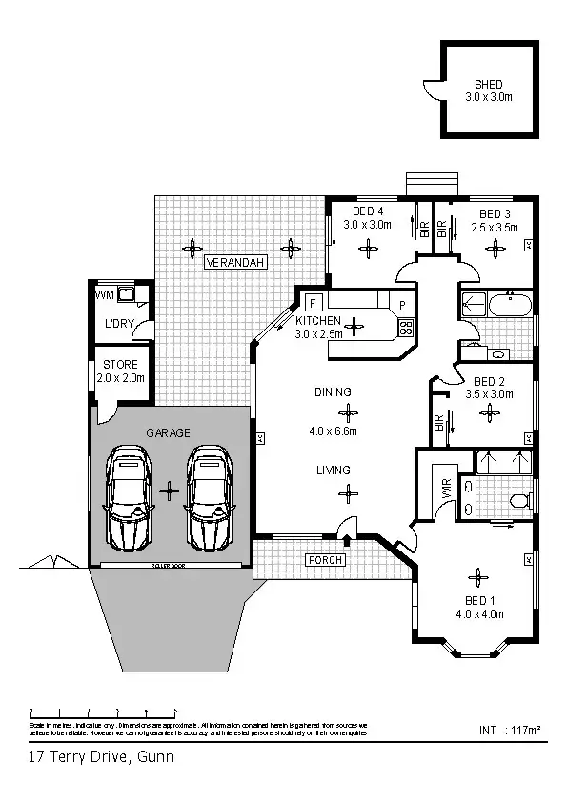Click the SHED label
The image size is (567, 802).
point(488,84)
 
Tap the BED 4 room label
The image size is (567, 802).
point(368,211)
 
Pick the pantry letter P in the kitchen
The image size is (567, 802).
point(402,306)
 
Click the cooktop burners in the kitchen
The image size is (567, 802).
point(404,329)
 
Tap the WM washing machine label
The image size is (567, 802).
point(104,295)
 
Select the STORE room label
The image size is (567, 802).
point(120,365)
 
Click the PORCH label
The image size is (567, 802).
point(324,560)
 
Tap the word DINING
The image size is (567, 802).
point(333,391)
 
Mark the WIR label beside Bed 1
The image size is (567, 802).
point(445,490)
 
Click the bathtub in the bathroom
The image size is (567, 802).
point(510,306)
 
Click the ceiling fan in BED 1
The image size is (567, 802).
point(475,576)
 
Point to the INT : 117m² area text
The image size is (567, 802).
point(510,731)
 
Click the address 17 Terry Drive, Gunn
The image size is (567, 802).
point(100,758)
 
